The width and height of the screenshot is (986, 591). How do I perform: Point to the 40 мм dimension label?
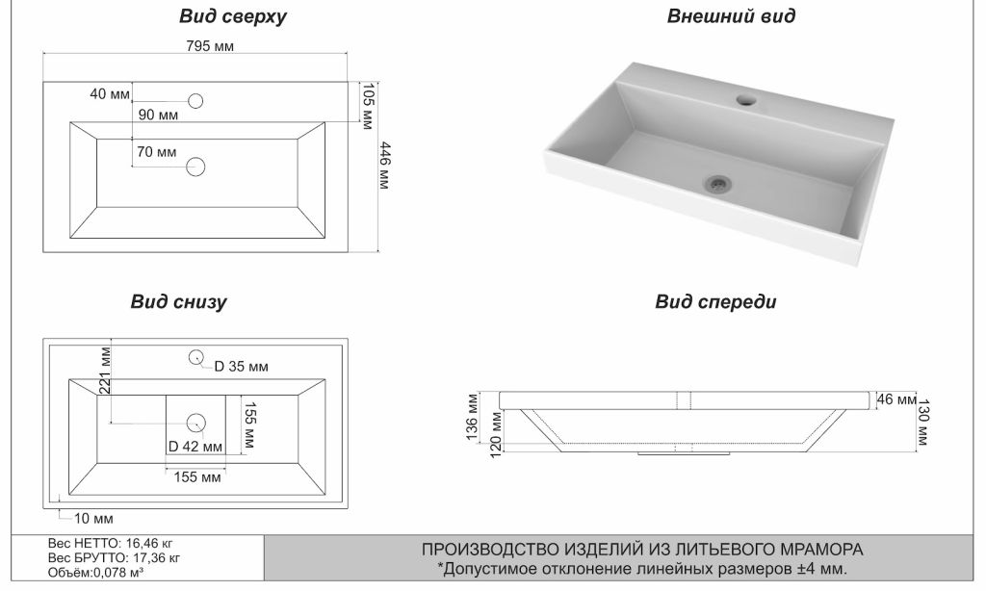[109, 94]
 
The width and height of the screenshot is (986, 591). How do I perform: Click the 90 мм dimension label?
[158, 116]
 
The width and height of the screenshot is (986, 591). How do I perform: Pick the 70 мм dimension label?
[156, 152]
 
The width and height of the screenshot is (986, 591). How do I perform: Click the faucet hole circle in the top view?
[195, 101]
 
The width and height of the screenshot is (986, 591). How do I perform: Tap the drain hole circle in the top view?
[195, 167]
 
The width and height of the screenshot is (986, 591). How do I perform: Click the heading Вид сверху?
[233, 17]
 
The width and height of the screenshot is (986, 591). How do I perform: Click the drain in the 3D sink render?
[716, 180]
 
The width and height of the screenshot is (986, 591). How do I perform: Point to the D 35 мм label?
[241, 367]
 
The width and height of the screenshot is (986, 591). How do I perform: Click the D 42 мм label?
[195, 447]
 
